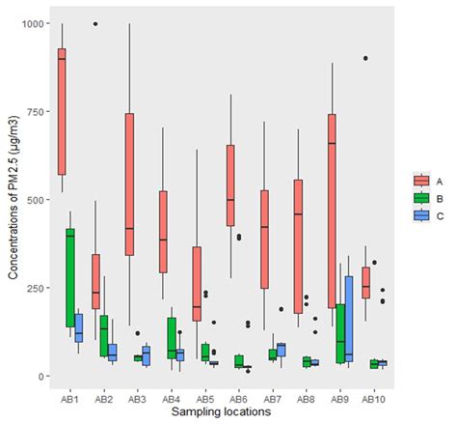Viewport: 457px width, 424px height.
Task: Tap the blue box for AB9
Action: pos(348,319)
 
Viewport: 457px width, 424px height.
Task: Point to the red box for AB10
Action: pos(365,282)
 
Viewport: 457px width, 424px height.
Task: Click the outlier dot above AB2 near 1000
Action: pos(94,24)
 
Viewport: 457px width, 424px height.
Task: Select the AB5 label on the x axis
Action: pos(205,396)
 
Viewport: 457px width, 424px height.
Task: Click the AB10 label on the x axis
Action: pos(372,396)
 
